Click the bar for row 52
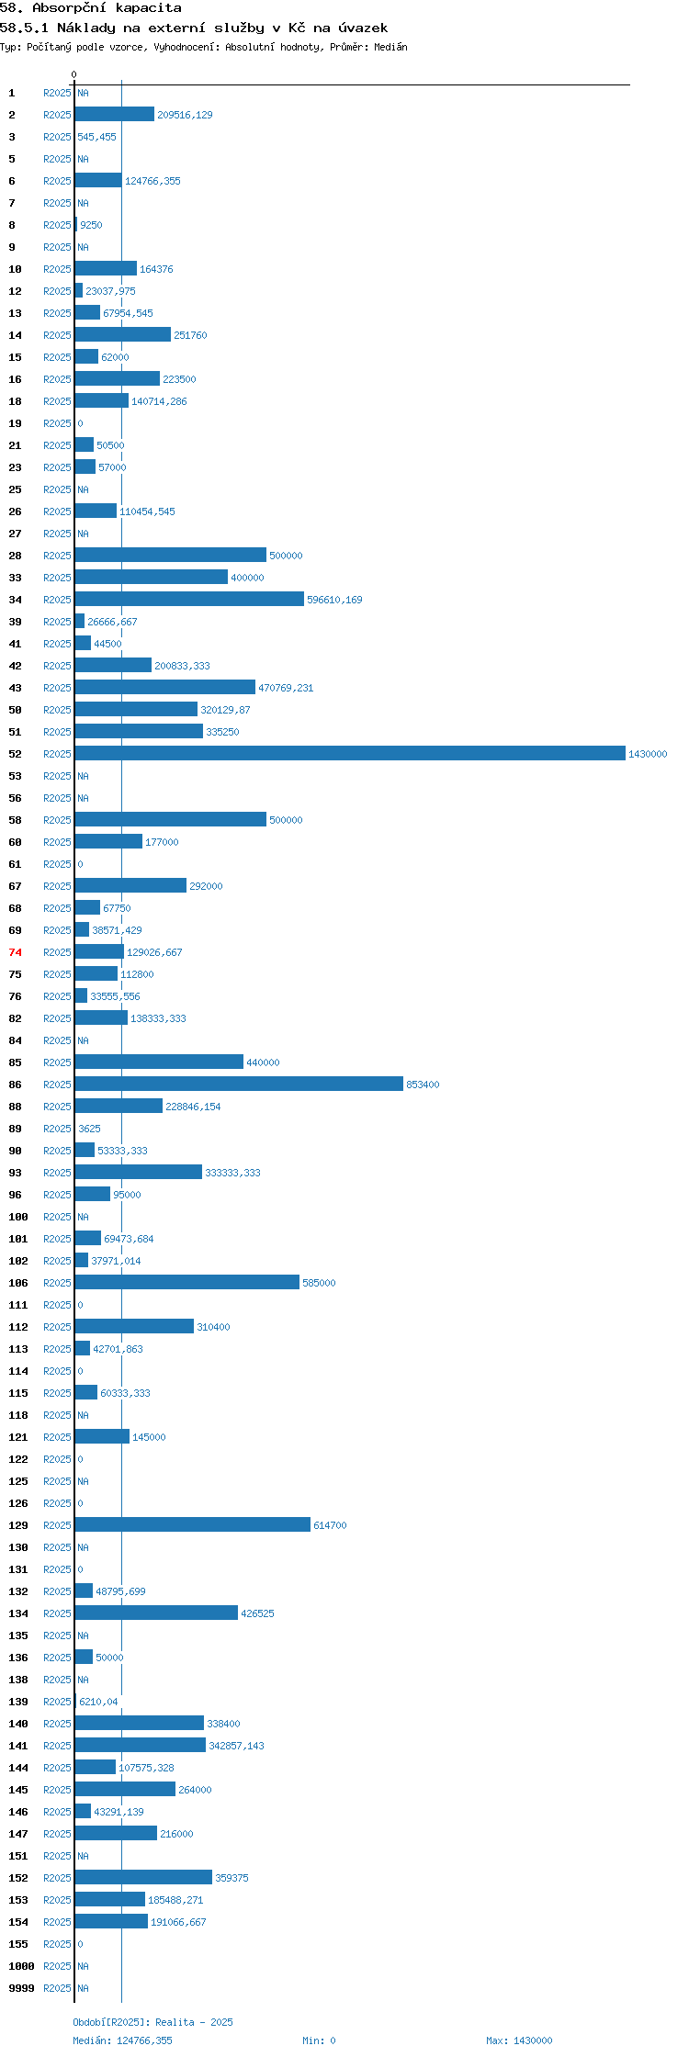click(350, 753)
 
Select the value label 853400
click(423, 1085)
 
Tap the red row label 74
click(16, 952)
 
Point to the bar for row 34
click(189, 599)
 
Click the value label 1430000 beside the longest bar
click(648, 754)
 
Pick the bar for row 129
click(193, 1524)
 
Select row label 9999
click(21, 1988)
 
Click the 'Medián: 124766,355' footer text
click(123, 2040)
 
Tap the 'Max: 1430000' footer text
click(519, 2040)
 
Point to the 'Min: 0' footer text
click(319, 2040)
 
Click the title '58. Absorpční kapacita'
click(91, 7)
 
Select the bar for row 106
click(187, 1282)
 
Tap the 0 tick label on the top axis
click(74, 74)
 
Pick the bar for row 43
click(165, 687)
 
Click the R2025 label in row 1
click(57, 93)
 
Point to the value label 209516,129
click(185, 115)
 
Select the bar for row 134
click(156, 1613)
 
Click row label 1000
click(21, 1966)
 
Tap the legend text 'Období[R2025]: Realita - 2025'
click(153, 2022)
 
